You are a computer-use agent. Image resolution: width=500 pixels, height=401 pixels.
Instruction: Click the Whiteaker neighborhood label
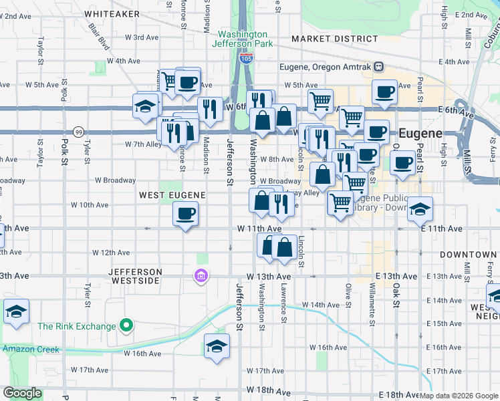point(112,13)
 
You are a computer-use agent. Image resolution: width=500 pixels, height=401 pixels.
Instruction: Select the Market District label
point(325,39)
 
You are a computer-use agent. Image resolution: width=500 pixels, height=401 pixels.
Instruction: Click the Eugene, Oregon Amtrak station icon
point(379,67)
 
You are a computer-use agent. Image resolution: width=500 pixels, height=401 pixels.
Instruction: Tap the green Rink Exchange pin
point(126,326)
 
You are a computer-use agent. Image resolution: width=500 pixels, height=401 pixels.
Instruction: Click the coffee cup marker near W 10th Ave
point(185,214)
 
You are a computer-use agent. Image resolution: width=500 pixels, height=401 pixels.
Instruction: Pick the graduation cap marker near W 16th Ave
point(217,346)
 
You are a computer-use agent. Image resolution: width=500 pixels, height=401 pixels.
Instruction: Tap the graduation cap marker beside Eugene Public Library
point(420,209)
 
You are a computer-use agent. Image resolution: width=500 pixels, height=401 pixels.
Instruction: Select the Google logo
point(23,393)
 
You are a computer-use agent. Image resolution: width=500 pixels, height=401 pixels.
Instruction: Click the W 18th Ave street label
point(268,390)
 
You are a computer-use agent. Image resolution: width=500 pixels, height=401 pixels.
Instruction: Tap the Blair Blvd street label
point(98,37)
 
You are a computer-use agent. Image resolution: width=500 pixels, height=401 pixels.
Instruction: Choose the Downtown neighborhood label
point(468,255)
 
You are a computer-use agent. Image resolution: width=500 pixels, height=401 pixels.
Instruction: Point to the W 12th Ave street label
point(111,253)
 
